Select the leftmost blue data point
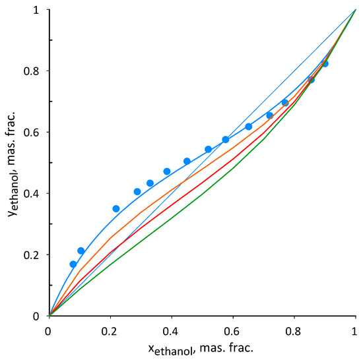coord(73,264)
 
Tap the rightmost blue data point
coord(325,64)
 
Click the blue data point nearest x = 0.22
coord(116,208)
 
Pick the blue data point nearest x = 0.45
coord(187,161)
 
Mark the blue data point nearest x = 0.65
coord(249,127)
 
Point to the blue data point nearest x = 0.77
coord(285,103)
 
